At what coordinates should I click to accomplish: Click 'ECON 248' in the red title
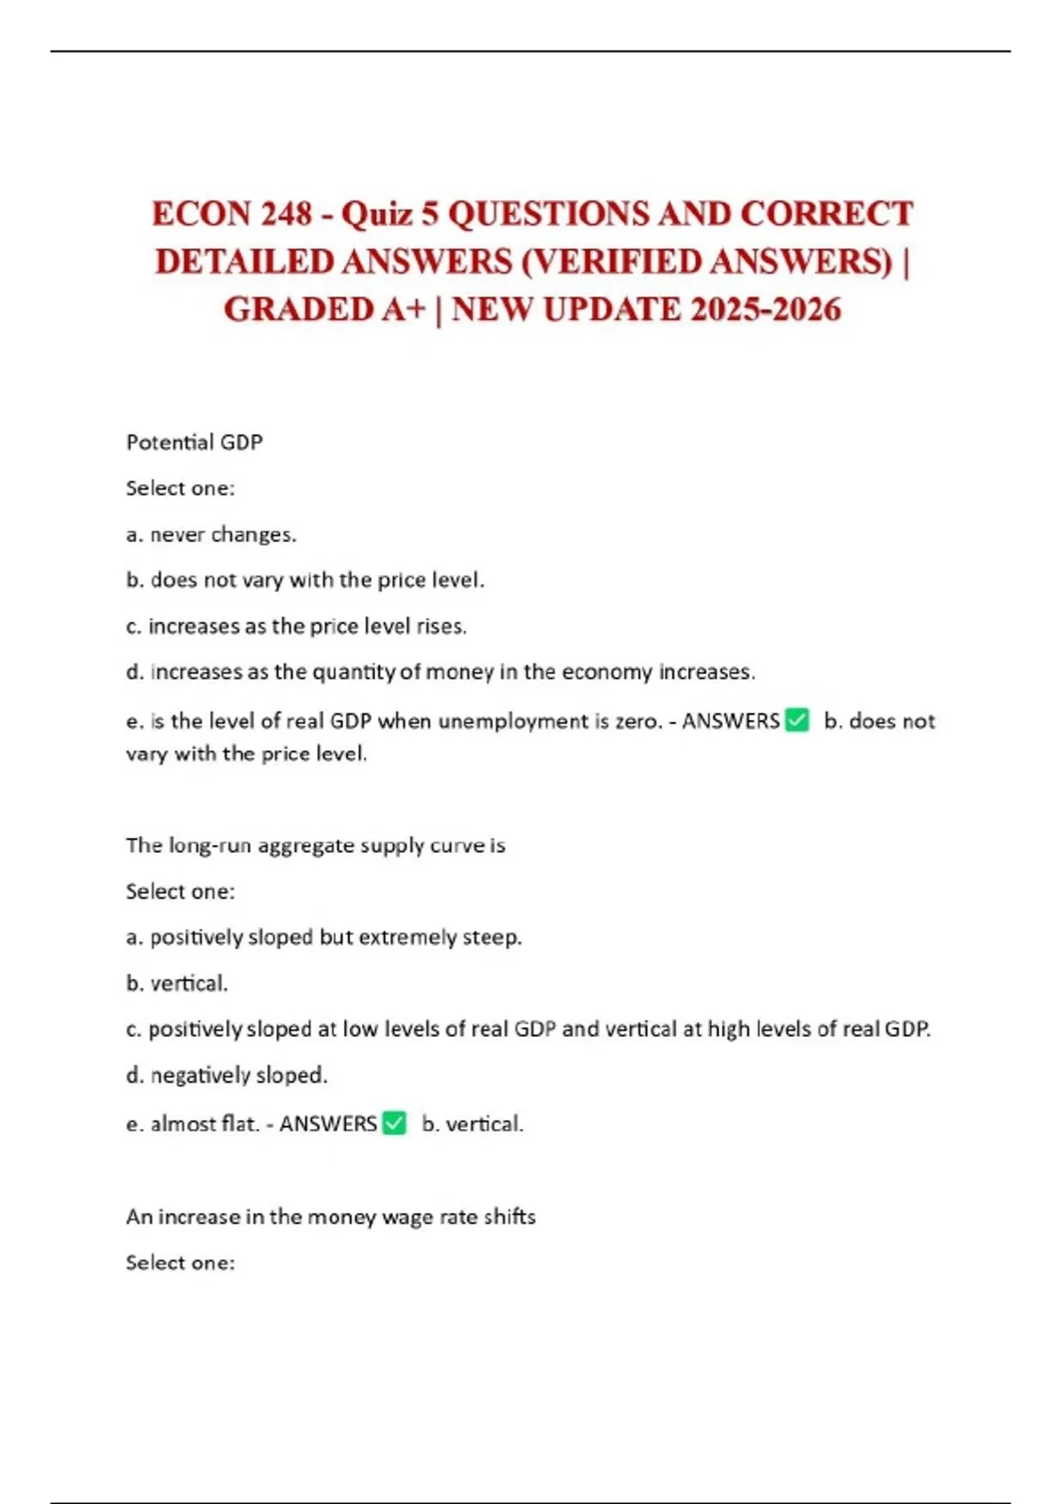pyautogui.click(x=232, y=214)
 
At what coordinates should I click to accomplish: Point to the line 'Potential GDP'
pyautogui.click(x=195, y=442)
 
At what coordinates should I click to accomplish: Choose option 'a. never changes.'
pyautogui.click(x=212, y=534)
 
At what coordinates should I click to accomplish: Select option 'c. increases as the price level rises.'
pyautogui.click(x=296, y=626)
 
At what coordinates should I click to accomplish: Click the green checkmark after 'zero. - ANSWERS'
pyautogui.click(x=796, y=720)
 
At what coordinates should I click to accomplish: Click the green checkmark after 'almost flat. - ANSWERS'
pyautogui.click(x=394, y=1123)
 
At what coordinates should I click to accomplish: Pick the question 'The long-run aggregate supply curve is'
pyautogui.click(x=315, y=846)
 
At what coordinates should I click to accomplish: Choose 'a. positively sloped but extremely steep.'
pyautogui.click(x=324, y=938)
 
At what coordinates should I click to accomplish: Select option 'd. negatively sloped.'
pyautogui.click(x=227, y=1076)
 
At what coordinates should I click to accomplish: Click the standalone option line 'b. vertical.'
pyautogui.click(x=177, y=984)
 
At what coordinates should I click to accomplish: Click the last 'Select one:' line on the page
pyautogui.click(x=181, y=1263)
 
